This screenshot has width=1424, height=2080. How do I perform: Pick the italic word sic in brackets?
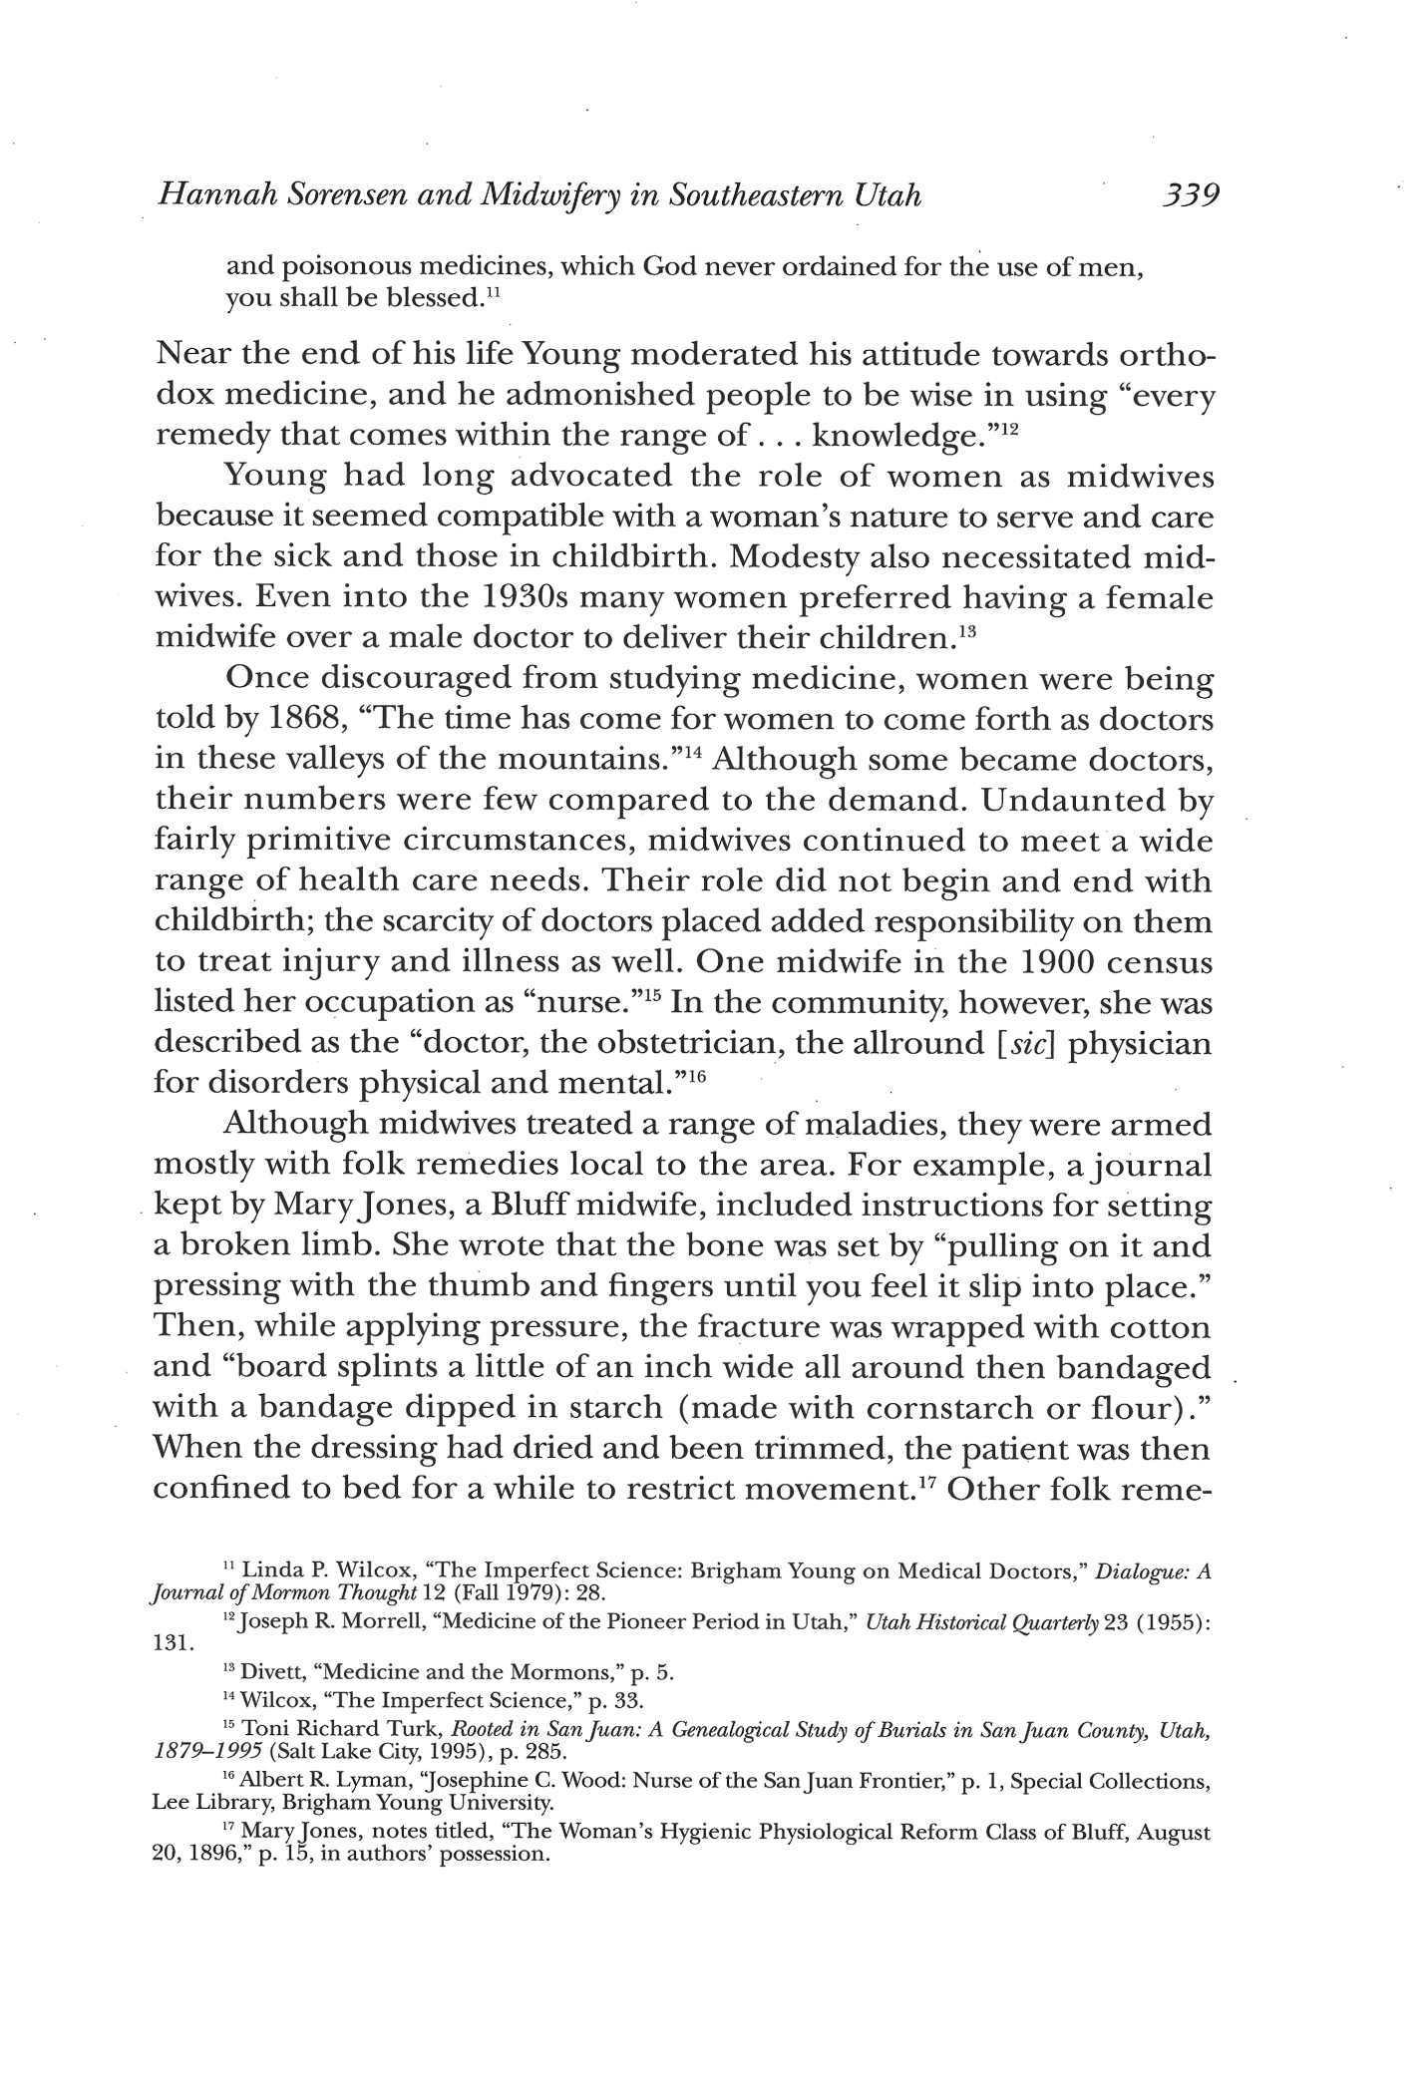click(x=1030, y=1043)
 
